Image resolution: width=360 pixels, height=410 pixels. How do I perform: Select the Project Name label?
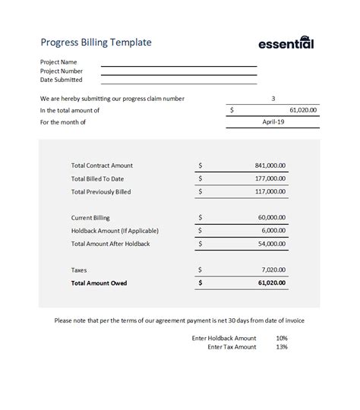(58, 62)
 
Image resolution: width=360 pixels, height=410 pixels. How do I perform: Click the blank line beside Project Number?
(178, 71)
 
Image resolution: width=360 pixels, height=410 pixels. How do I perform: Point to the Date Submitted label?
(61, 80)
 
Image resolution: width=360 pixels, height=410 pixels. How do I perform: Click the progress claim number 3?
(273, 99)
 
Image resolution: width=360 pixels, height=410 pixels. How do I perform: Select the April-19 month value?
(273, 121)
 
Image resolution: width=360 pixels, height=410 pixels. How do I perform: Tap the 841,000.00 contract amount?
(270, 165)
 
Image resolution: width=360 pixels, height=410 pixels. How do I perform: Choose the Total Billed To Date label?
(101, 178)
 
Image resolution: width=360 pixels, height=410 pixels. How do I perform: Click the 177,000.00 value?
(270, 178)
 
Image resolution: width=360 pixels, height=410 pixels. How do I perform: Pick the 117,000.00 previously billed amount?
(270, 192)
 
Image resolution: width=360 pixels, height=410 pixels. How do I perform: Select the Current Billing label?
(92, 217)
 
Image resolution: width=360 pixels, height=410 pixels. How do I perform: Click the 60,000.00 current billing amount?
(271, 217)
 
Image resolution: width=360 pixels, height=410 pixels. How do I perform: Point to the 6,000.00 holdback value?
(273, 231)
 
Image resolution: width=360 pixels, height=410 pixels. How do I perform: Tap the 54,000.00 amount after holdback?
(271, 244)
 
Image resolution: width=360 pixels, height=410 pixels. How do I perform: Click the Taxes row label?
(80, 270)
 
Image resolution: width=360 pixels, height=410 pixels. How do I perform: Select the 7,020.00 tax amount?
(273, 270)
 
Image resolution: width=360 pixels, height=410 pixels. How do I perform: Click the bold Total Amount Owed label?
(99, 283)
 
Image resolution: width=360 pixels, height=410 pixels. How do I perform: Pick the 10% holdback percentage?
(282, 338)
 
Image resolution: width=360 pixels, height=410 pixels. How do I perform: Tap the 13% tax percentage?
(282, 347)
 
